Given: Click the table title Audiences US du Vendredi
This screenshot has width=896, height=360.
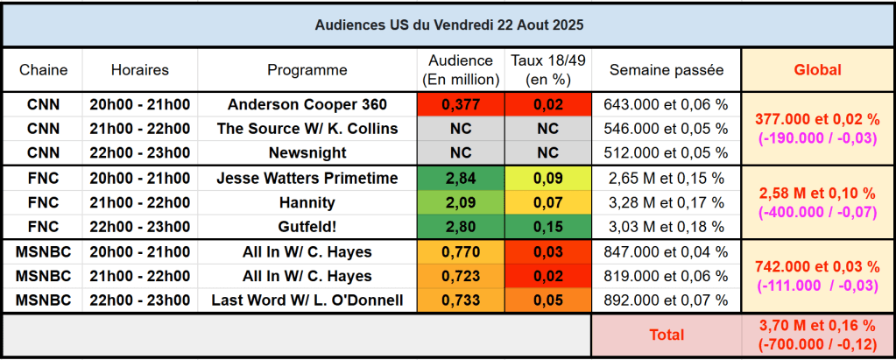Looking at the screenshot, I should point(448,25).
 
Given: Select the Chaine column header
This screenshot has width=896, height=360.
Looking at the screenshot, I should point(43,70).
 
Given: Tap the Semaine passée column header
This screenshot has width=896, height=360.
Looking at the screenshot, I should point(667,70).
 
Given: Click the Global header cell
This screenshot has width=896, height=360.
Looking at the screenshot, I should point(817,70).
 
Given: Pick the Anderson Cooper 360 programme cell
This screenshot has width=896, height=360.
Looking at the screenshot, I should point(307,104).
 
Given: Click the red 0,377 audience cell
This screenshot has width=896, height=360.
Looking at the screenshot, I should point(461,104).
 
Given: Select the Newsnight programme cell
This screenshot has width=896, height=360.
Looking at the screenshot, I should point(307,152).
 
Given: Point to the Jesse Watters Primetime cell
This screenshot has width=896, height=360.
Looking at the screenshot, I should point(307,178).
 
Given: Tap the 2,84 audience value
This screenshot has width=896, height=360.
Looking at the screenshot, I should point(461,178).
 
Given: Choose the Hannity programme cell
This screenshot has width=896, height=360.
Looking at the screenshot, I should point(307,202).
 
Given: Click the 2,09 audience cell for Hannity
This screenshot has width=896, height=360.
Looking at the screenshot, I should point(461,202).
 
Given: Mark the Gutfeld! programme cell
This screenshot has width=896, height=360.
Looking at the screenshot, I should point(307,227).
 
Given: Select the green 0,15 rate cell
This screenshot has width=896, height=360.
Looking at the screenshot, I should point(547,227).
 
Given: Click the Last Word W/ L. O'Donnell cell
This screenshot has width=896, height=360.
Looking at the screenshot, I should point(307,300).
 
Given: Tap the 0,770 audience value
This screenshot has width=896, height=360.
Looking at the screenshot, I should point(461,252).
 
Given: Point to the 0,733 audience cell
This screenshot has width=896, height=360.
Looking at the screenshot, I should point(461,300).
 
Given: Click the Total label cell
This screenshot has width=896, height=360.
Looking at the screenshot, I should point(667,335).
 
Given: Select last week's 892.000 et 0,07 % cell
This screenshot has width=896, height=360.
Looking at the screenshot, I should point(667,300).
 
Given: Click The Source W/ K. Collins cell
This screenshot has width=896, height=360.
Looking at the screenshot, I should point(307,129).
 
